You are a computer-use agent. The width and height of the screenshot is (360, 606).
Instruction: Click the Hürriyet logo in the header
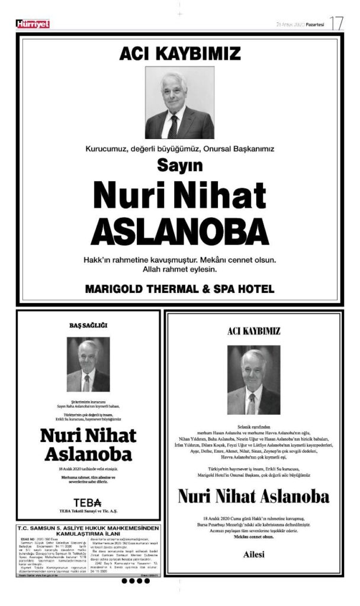(x=33, y=24)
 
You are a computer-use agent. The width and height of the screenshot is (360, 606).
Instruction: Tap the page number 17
(x=336, y=24)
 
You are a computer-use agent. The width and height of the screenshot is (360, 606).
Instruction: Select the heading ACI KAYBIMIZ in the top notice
(x=180, y=54)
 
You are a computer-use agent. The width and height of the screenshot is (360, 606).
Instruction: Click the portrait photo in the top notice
(x=179, y=102)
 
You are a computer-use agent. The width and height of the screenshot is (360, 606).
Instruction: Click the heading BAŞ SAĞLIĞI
(x=88, y=325)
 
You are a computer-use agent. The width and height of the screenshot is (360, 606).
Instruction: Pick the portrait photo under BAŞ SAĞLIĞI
(x=88, y=365)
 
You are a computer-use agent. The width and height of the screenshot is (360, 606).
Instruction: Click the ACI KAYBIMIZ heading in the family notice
(x=253, y=331)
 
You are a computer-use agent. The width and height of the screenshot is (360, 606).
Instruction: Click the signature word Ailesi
(x=253, y=554)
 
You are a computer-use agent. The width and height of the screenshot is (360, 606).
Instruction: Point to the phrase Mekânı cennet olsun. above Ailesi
(x=253, y=536)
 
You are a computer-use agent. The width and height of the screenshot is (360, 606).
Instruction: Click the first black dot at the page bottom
(x=124, y=581)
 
